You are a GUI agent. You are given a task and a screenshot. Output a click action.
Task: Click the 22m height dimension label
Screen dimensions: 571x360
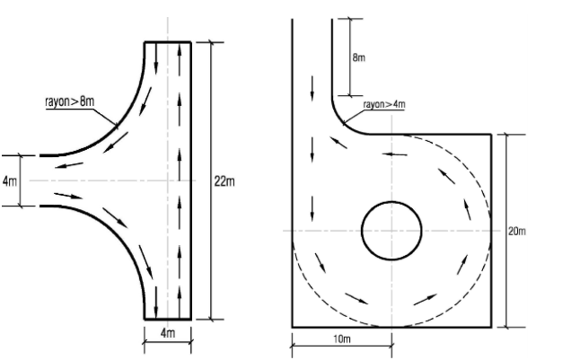coord(224,181)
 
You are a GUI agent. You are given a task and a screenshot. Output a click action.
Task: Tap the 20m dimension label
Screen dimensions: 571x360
coord(517,231)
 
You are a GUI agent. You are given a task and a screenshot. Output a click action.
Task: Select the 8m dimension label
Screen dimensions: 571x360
coord(359,57)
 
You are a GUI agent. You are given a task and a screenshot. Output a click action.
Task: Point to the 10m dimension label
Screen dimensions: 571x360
coord(342,338)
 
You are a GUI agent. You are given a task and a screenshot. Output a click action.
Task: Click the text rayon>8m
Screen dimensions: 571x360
coord(69,101)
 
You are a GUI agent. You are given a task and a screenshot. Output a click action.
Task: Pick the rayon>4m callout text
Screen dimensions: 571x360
coord(384,104)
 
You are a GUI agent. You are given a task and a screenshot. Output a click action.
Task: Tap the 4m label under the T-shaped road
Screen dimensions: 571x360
coord(168,333)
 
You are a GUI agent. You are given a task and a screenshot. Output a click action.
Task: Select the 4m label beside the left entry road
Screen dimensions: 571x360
coord(10,181)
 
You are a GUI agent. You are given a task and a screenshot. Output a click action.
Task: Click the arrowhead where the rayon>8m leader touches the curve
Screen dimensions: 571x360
coord(117,127)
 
